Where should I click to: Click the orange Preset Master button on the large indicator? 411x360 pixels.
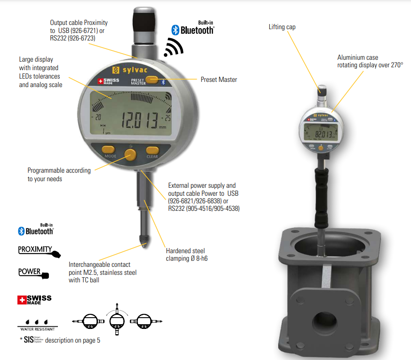tap(152, 80)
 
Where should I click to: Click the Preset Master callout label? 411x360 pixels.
tap(219, 80)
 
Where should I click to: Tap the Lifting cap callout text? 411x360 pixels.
tap(282, 27)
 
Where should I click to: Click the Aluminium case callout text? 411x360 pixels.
tap(370, 61)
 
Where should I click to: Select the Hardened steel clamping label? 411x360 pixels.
tap(185, 255)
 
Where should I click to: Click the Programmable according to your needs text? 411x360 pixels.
tap(59, 175)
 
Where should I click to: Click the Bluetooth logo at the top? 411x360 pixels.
tap(193, 30)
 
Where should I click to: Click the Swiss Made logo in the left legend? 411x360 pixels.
tap(34, 300)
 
